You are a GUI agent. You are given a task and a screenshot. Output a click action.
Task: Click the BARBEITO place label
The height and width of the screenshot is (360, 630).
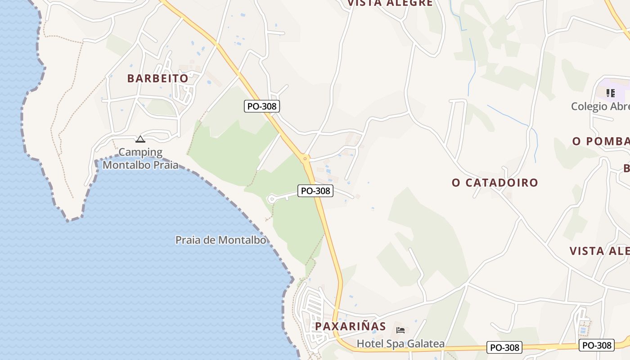[157, 78]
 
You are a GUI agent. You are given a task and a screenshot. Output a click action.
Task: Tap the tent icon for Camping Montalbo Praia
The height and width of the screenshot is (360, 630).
[140, 139]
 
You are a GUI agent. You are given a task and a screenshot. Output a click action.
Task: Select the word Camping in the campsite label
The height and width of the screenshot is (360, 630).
[140, 152]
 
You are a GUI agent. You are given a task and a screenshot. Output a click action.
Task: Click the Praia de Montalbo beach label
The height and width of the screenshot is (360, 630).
[220, 240]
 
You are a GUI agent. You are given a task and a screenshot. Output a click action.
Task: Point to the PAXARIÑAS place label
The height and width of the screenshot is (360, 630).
[351, 326]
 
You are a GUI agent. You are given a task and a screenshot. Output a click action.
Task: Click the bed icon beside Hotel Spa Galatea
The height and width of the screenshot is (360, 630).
[400, 330]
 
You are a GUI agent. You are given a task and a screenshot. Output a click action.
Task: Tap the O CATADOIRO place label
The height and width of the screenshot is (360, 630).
[495, 183]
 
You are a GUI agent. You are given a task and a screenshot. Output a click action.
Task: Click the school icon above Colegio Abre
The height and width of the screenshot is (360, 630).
[611, 94]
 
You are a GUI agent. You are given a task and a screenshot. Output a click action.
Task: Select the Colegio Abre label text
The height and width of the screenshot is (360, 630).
[600, 107]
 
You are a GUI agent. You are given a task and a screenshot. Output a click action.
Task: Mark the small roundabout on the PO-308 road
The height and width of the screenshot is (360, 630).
[306, 158]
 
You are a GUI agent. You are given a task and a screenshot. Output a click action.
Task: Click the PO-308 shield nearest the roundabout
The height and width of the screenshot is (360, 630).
[315, 191]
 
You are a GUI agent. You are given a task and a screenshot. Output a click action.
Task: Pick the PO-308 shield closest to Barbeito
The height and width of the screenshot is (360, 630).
[262, 106]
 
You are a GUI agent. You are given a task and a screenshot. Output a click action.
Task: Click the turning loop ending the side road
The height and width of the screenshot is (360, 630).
[271, 198]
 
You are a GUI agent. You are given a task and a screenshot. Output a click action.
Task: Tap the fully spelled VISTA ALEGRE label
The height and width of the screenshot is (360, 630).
[390, 3]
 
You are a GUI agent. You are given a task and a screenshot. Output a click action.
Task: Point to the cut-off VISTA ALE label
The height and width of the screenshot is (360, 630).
[599, 251]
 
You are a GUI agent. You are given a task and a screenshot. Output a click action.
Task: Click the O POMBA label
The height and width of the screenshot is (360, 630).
[601, 141]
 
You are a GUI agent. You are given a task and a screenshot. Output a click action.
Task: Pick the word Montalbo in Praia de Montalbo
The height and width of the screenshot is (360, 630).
[242, 240]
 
